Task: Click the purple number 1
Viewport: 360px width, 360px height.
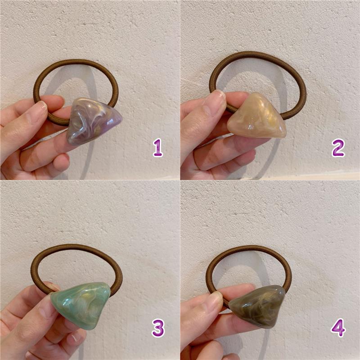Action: tap(158, 148)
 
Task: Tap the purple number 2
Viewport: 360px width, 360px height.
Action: tap(338, 148)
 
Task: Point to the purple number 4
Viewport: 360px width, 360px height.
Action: tap(338, 328)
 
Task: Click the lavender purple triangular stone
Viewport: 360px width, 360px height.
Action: tap(93, 121)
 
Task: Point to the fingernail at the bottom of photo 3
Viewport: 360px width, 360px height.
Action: tap(75, 338)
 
